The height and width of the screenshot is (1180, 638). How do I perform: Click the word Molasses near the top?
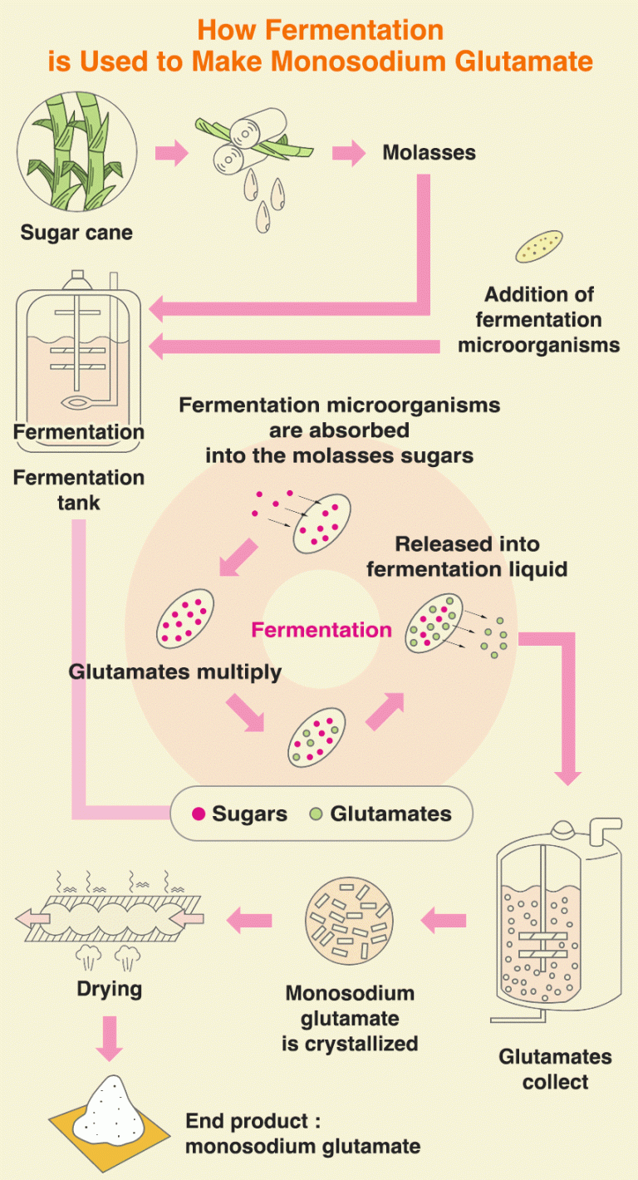click(429, 152)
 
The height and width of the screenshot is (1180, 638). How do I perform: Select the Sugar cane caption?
click(76, 232)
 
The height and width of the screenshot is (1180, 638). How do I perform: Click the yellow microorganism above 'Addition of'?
click(538, 247)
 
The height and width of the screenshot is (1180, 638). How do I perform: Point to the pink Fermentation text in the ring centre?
click(321, 629)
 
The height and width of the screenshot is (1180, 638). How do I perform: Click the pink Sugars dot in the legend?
click(199, 814)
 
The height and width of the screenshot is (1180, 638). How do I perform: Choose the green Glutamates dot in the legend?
click(316, 814)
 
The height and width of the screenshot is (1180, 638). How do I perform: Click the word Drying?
click(109, 989)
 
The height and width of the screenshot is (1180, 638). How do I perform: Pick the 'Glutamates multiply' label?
click(175, 671)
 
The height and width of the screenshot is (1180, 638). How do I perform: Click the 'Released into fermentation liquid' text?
click(467, 557)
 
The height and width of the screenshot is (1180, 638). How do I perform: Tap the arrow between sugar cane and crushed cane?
click(172, 153)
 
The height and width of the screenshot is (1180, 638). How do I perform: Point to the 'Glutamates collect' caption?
click(555, 1069)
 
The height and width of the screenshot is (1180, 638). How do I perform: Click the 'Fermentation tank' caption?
click(79, 489)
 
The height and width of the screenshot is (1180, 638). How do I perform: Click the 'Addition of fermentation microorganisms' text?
click(539, 319)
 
